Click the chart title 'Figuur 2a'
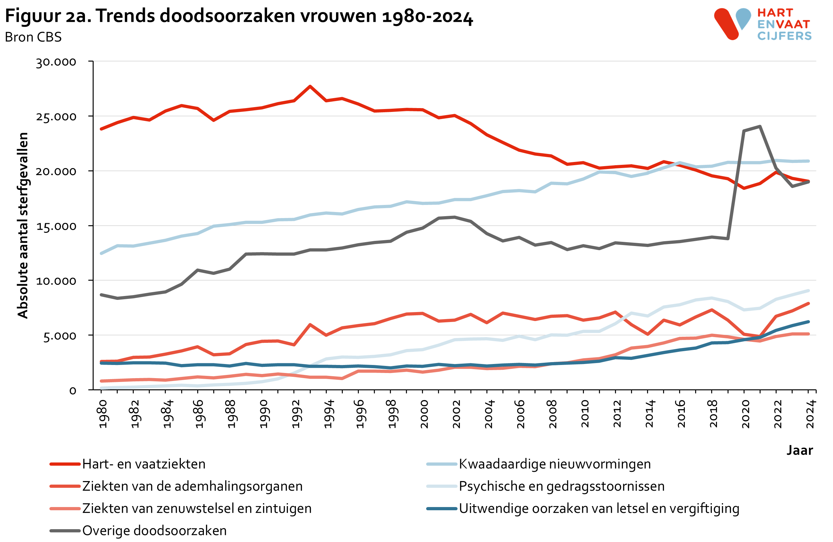tap(238, 16)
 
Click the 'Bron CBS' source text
tap(33, 37)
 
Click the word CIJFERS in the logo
tap(784, 36)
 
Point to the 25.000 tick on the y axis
tap(56, 117)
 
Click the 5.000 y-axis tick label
tap(60, 336)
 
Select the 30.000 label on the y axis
tap(56, 62)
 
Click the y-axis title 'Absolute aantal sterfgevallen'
tap(23, 225)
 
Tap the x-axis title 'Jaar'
tap(799, 450)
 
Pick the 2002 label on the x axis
tap(456, 414)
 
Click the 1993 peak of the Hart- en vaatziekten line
tap(310, 86)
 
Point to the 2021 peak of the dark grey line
tap(760, 126)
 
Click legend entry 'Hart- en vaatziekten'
tap(144, 464)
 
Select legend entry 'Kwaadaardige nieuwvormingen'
tap(554, 464)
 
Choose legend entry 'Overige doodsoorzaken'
tap(154, 530)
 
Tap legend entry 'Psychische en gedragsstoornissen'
tap(561, 486)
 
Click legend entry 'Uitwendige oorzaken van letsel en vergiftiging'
tap(599, 508)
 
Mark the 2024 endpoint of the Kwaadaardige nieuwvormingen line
tap(808, 161)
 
